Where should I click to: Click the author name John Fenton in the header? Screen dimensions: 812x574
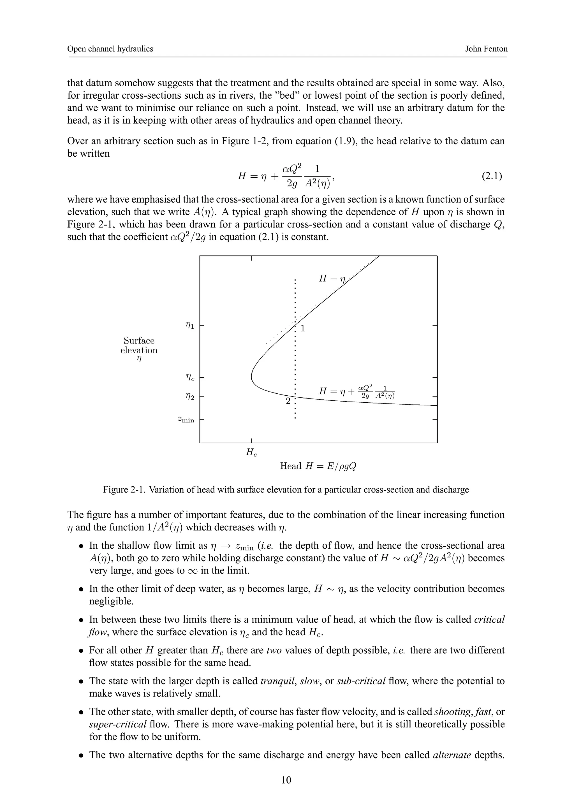click(486, 49)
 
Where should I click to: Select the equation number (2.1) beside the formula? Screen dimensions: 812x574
click(492, 176)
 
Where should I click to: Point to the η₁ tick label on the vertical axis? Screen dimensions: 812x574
click(190, 326)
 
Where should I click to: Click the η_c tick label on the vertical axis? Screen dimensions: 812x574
click(190, 378)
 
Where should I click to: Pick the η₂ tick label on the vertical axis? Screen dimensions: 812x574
click(190, 397)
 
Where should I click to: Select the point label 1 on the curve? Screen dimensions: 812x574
click(303, 329)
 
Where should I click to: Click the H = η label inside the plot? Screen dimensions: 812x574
click(331, 279)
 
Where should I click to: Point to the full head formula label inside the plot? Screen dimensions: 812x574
click(357, 391)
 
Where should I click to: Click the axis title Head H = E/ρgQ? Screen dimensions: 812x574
click(318, 466)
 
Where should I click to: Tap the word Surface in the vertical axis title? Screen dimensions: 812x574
click(139, 340)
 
